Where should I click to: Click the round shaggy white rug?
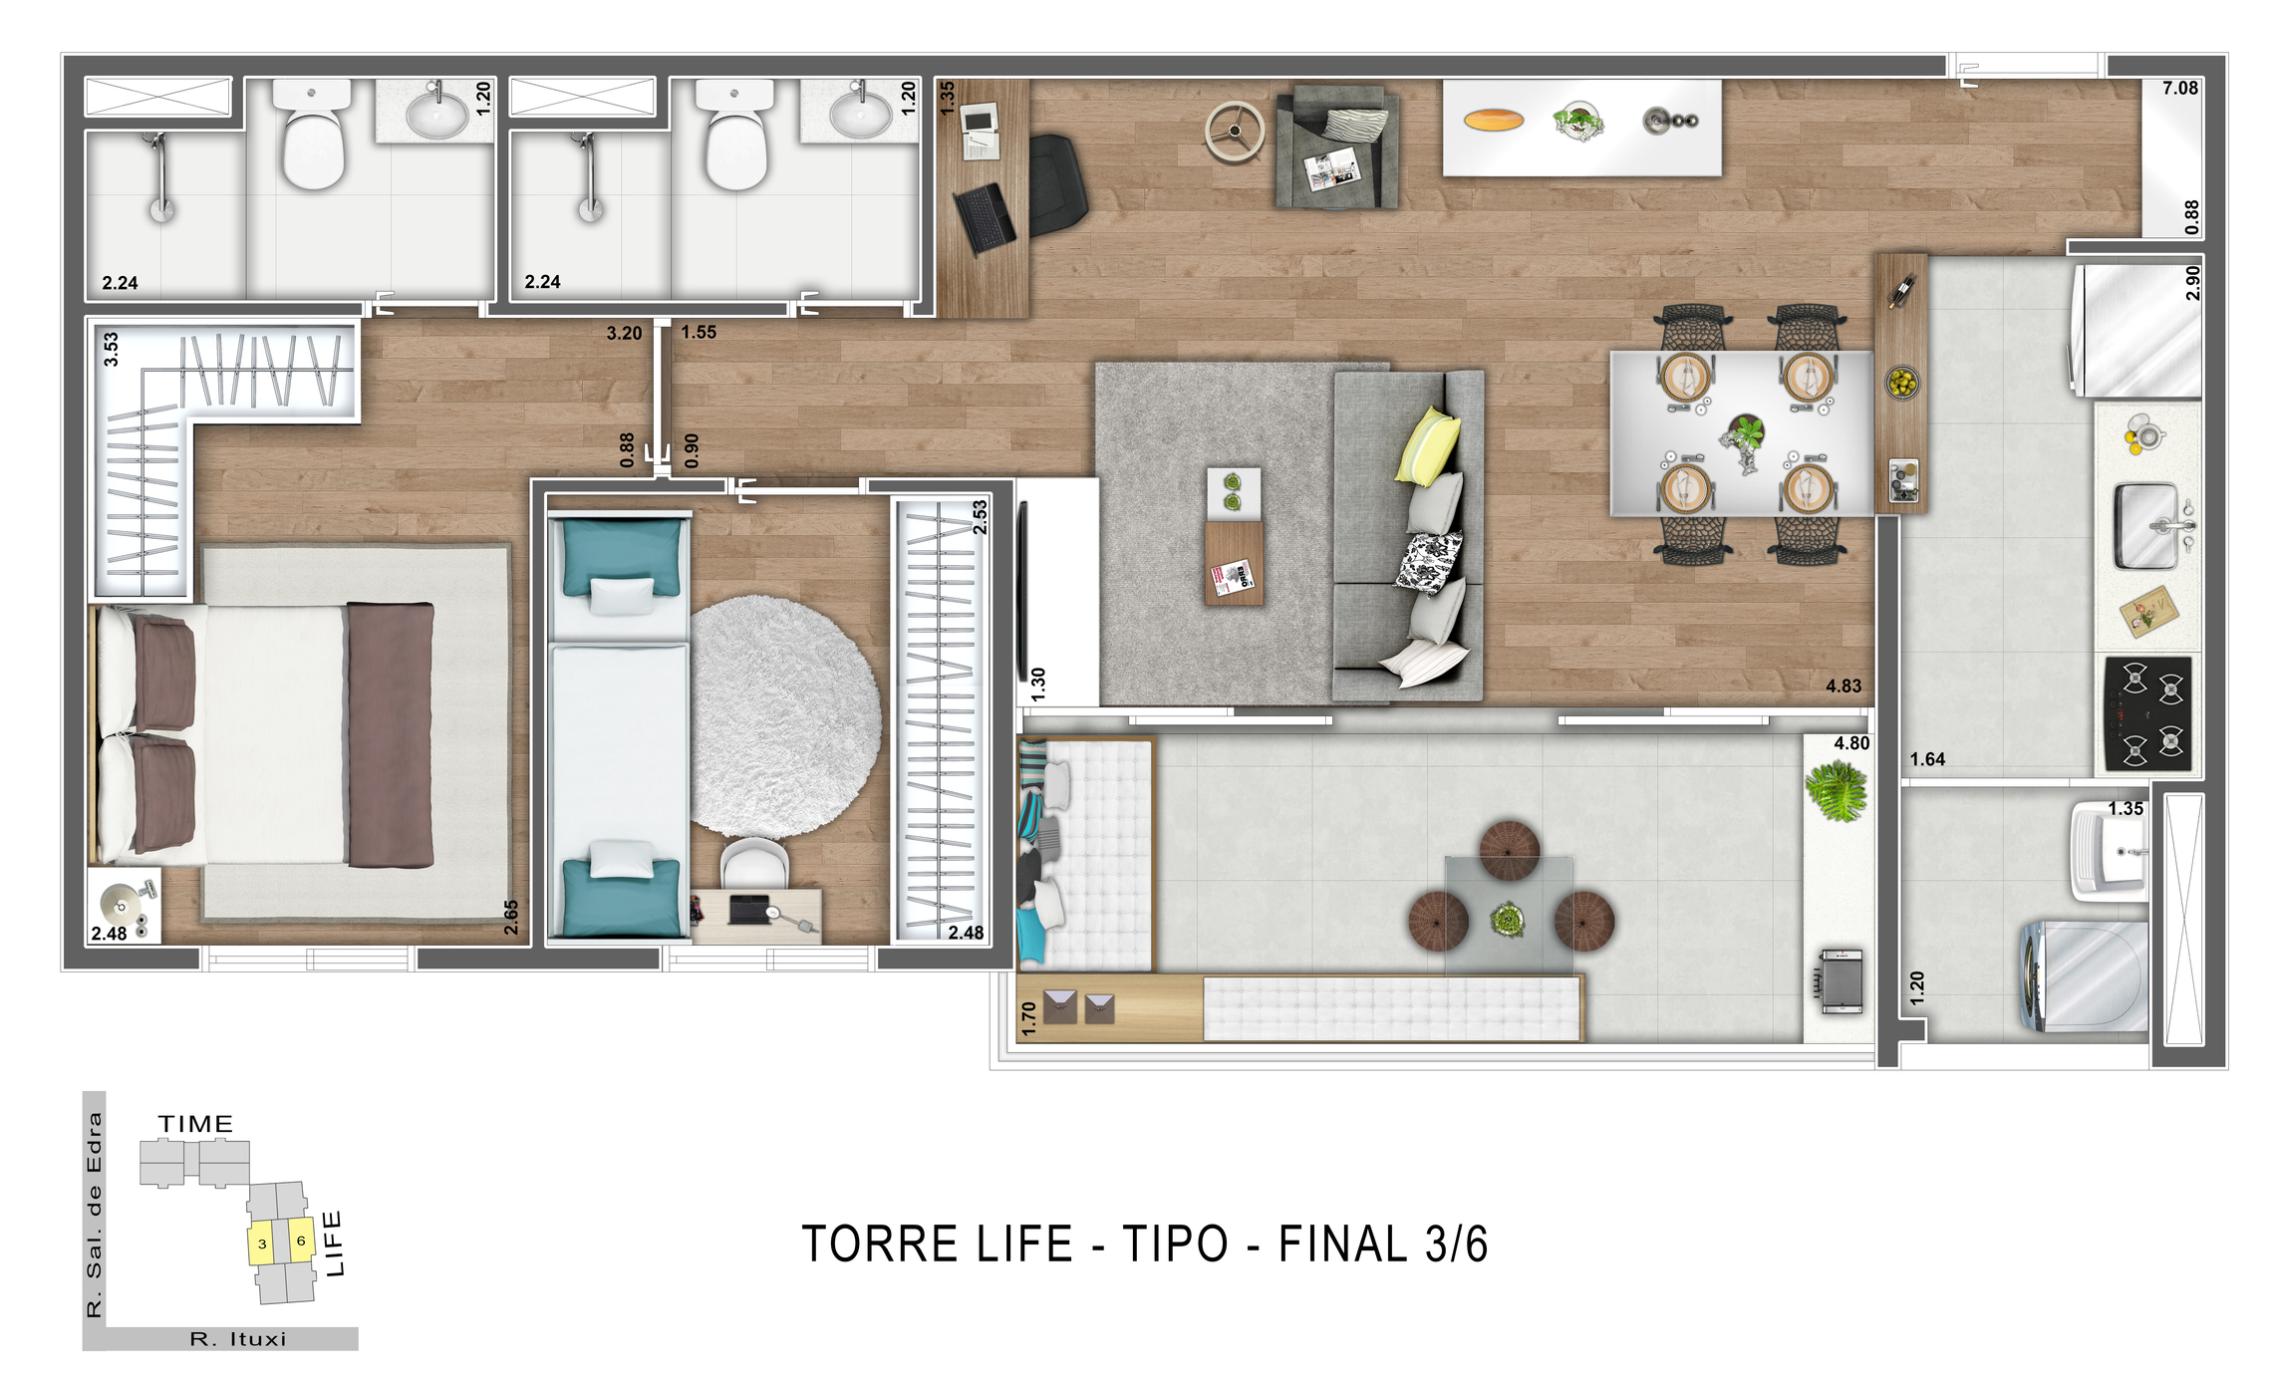pos(784,715)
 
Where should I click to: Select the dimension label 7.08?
pos(2179,89)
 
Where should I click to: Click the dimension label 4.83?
pos(1843,686)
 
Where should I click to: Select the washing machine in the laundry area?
pos(2086,975)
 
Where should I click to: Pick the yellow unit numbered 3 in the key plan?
pos(262,1243)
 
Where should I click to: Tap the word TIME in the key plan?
pos(195,1124)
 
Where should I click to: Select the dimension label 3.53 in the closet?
pos(111,349)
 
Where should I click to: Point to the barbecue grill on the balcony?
pos(1841,981)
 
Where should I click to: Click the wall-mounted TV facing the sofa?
pos(1021,592)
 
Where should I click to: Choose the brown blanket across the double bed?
pos(390,734)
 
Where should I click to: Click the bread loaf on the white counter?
pos(1493,122)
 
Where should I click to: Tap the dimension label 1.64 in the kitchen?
pos(1926,759)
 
